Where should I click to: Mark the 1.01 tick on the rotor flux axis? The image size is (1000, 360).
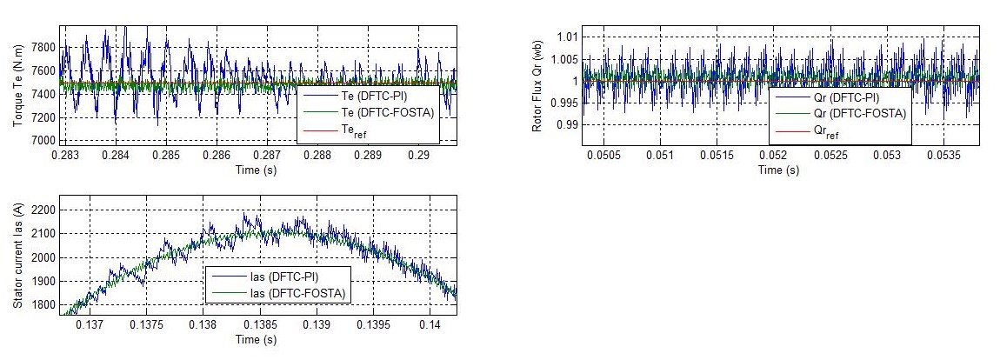point(567,37)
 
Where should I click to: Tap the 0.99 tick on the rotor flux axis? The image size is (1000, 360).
point(567,125)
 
